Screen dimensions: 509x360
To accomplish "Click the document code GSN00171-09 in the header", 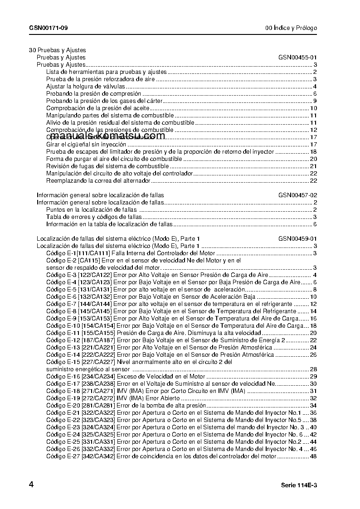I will click(49, 28).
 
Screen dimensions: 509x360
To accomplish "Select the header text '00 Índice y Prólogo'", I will click(291, 28).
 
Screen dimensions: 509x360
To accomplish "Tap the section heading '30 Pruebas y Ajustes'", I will click(57, 50).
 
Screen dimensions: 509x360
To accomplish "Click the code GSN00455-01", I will click(297, 58).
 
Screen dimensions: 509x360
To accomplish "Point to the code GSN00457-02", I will click(297, 195).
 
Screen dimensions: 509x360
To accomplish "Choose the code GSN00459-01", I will click(297, 239).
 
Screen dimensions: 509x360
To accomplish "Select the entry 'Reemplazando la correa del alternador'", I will click(98, 181).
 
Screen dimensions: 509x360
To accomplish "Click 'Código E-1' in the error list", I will click(61, 253).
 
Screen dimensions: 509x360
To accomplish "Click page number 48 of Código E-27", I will click(313, 456).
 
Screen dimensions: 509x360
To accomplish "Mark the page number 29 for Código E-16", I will click(313, 377).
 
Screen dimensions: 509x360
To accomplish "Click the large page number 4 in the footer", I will click(31, 485).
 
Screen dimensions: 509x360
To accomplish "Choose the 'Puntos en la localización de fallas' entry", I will click(91, 210).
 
